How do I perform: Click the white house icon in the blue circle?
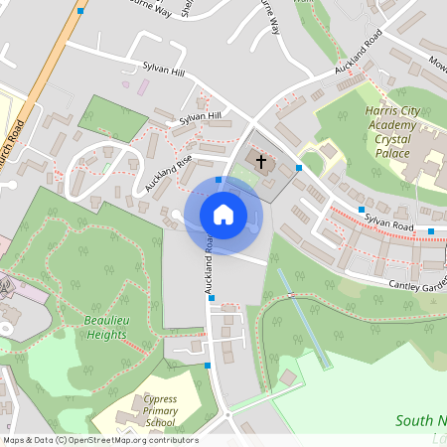(223, 215)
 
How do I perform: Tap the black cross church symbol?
(262, 161)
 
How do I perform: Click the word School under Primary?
(160, 423)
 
